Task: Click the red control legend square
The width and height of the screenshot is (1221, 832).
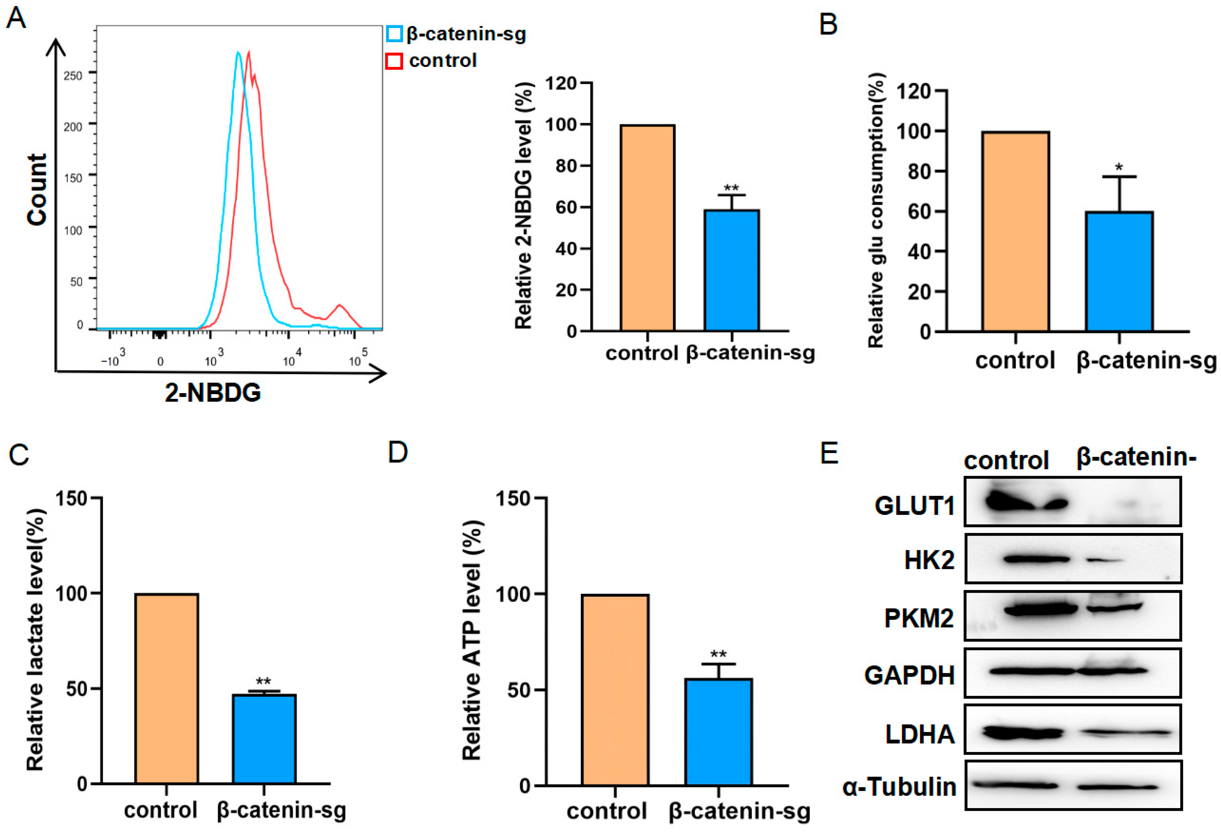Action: click(394, 61)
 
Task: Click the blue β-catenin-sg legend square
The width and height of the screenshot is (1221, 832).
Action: click(394, 34)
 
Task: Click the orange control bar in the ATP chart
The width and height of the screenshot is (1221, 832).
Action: click(615, 690)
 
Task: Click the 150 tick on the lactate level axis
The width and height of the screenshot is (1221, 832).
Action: click(71, 498)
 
